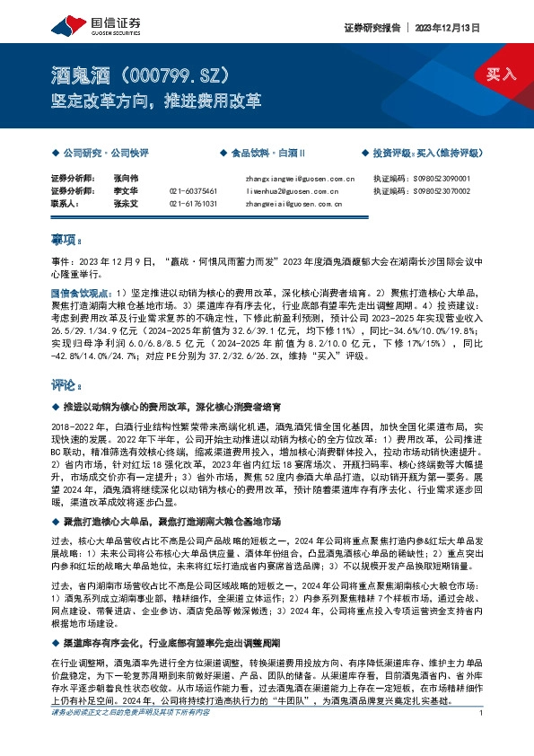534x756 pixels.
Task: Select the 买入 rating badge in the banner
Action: pyautogui.click(x=501, y=75)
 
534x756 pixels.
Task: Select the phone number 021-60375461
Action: pyautogui.click(x=193, y=191)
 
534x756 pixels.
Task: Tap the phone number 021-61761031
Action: pyautogui.click(x=193, y=204)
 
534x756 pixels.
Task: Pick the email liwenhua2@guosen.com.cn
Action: pyautogui.click(x=291, y=191)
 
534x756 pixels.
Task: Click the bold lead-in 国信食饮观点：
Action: pyautogui.click(x=82, y=293)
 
